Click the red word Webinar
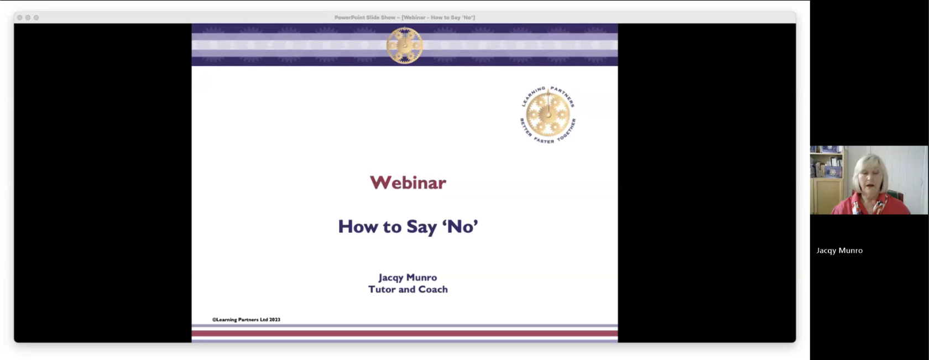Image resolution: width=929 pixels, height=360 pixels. tap(408, 182)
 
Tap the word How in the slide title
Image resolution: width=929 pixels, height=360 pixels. tap(358, 227)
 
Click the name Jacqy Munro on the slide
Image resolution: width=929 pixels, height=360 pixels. tap(408, 278)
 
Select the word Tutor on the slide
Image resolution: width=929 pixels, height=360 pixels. tap(382, 289)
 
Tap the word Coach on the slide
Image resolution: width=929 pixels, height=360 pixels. tap(433, 289)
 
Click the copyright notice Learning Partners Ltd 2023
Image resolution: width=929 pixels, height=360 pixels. tap(247, 320)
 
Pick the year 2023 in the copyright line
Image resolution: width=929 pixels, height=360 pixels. tap(274, 320)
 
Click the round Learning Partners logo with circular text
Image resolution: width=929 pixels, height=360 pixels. tap(548, 115)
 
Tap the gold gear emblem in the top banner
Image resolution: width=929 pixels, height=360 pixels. tap(404, 45)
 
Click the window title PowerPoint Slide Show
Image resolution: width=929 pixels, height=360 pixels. tap(365, 18)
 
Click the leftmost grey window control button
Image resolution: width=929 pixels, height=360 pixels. tap(19, 18)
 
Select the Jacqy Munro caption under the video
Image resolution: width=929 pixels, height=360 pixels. tap(839, 251)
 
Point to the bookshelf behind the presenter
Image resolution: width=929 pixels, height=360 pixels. tap(827, 180)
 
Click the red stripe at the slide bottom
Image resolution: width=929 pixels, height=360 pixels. tap(404, 333)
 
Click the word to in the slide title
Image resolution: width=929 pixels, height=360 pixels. tap(393, 227)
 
